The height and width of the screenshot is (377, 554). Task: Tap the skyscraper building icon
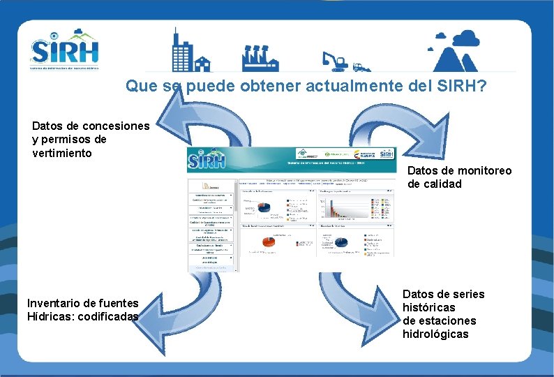pyautogui.click(x=184, y=50)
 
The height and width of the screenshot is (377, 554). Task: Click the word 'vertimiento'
pyautogui.click(x=62, y=153)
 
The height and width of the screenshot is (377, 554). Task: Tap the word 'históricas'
pyautogui.click(x=429, y=307)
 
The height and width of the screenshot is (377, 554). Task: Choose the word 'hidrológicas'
pyautogui.click(x=435, y=334)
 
